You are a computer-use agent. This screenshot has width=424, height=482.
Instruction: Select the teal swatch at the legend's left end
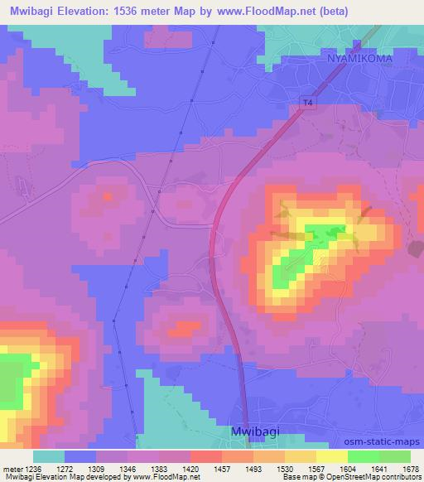pyautogui.click(x=49, y=455)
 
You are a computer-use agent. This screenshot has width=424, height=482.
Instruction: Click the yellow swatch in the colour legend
pyautogui.click(x=331, y=455)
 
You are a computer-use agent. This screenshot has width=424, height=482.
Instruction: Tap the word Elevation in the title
pyautogui.click(x=84, y=11)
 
